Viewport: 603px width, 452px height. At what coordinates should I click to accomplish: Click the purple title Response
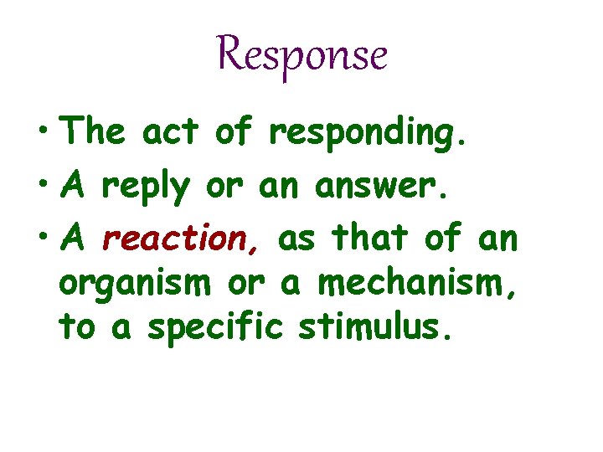click(x=301, y=55)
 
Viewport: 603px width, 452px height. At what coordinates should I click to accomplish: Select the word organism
click(x=134, y=286)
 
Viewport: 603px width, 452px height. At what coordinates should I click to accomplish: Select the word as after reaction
click(x=298, y=241)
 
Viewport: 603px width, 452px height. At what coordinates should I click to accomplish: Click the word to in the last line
click(x=78, y=327)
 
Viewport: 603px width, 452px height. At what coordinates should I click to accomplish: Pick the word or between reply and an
click(x=224, y=187)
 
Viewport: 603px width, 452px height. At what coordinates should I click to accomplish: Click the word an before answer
click(x=280, y=187)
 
